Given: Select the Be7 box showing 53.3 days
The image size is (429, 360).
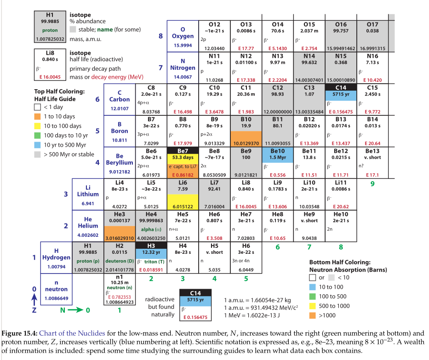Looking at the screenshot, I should coord(183,162).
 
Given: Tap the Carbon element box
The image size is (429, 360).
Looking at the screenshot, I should coord(120,99).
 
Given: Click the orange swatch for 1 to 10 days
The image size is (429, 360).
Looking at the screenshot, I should coord(38,117).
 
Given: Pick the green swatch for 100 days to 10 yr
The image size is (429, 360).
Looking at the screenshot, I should coord(38,136).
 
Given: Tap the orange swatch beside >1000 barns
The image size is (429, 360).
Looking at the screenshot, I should coord(313,316).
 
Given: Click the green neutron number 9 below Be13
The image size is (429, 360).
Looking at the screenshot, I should coord(373,184).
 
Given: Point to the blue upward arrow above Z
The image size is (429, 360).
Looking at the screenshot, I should coord(33,300).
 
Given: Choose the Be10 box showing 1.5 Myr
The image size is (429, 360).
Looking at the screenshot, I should coord(278,162).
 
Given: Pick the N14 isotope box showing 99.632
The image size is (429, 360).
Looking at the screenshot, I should coord(309,68).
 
